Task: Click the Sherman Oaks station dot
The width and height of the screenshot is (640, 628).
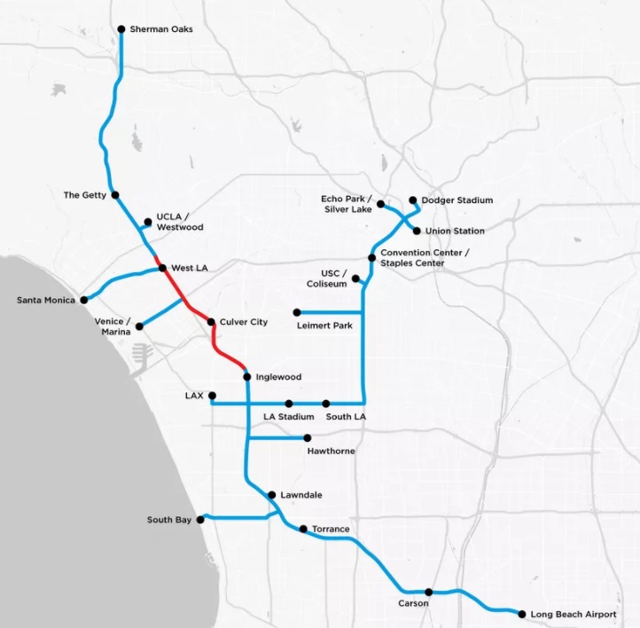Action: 121,29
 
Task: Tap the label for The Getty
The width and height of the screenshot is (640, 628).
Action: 85,194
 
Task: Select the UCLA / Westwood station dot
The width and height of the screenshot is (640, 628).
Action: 147,222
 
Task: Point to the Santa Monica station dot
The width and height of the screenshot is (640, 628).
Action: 84,300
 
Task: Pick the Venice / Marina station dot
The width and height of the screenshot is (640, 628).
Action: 138,326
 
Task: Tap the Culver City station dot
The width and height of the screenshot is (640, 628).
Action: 211,322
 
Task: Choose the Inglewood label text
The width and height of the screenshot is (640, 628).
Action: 278,377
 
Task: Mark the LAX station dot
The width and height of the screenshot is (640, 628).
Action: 211,396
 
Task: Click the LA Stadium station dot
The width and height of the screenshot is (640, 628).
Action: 289,404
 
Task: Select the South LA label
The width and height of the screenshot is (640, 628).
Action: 346,416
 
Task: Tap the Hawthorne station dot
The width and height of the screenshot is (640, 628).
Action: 308,437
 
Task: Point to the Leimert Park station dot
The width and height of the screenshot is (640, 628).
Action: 297,312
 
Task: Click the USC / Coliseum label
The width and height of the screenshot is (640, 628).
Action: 324,278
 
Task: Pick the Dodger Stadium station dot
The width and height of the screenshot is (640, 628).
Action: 413,200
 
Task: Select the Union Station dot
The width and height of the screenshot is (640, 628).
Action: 418,232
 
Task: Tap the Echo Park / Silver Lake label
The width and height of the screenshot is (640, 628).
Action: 347,204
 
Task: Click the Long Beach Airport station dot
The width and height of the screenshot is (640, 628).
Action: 521,614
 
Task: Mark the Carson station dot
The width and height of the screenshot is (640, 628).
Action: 429,593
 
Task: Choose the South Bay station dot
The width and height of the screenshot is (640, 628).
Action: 201,520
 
